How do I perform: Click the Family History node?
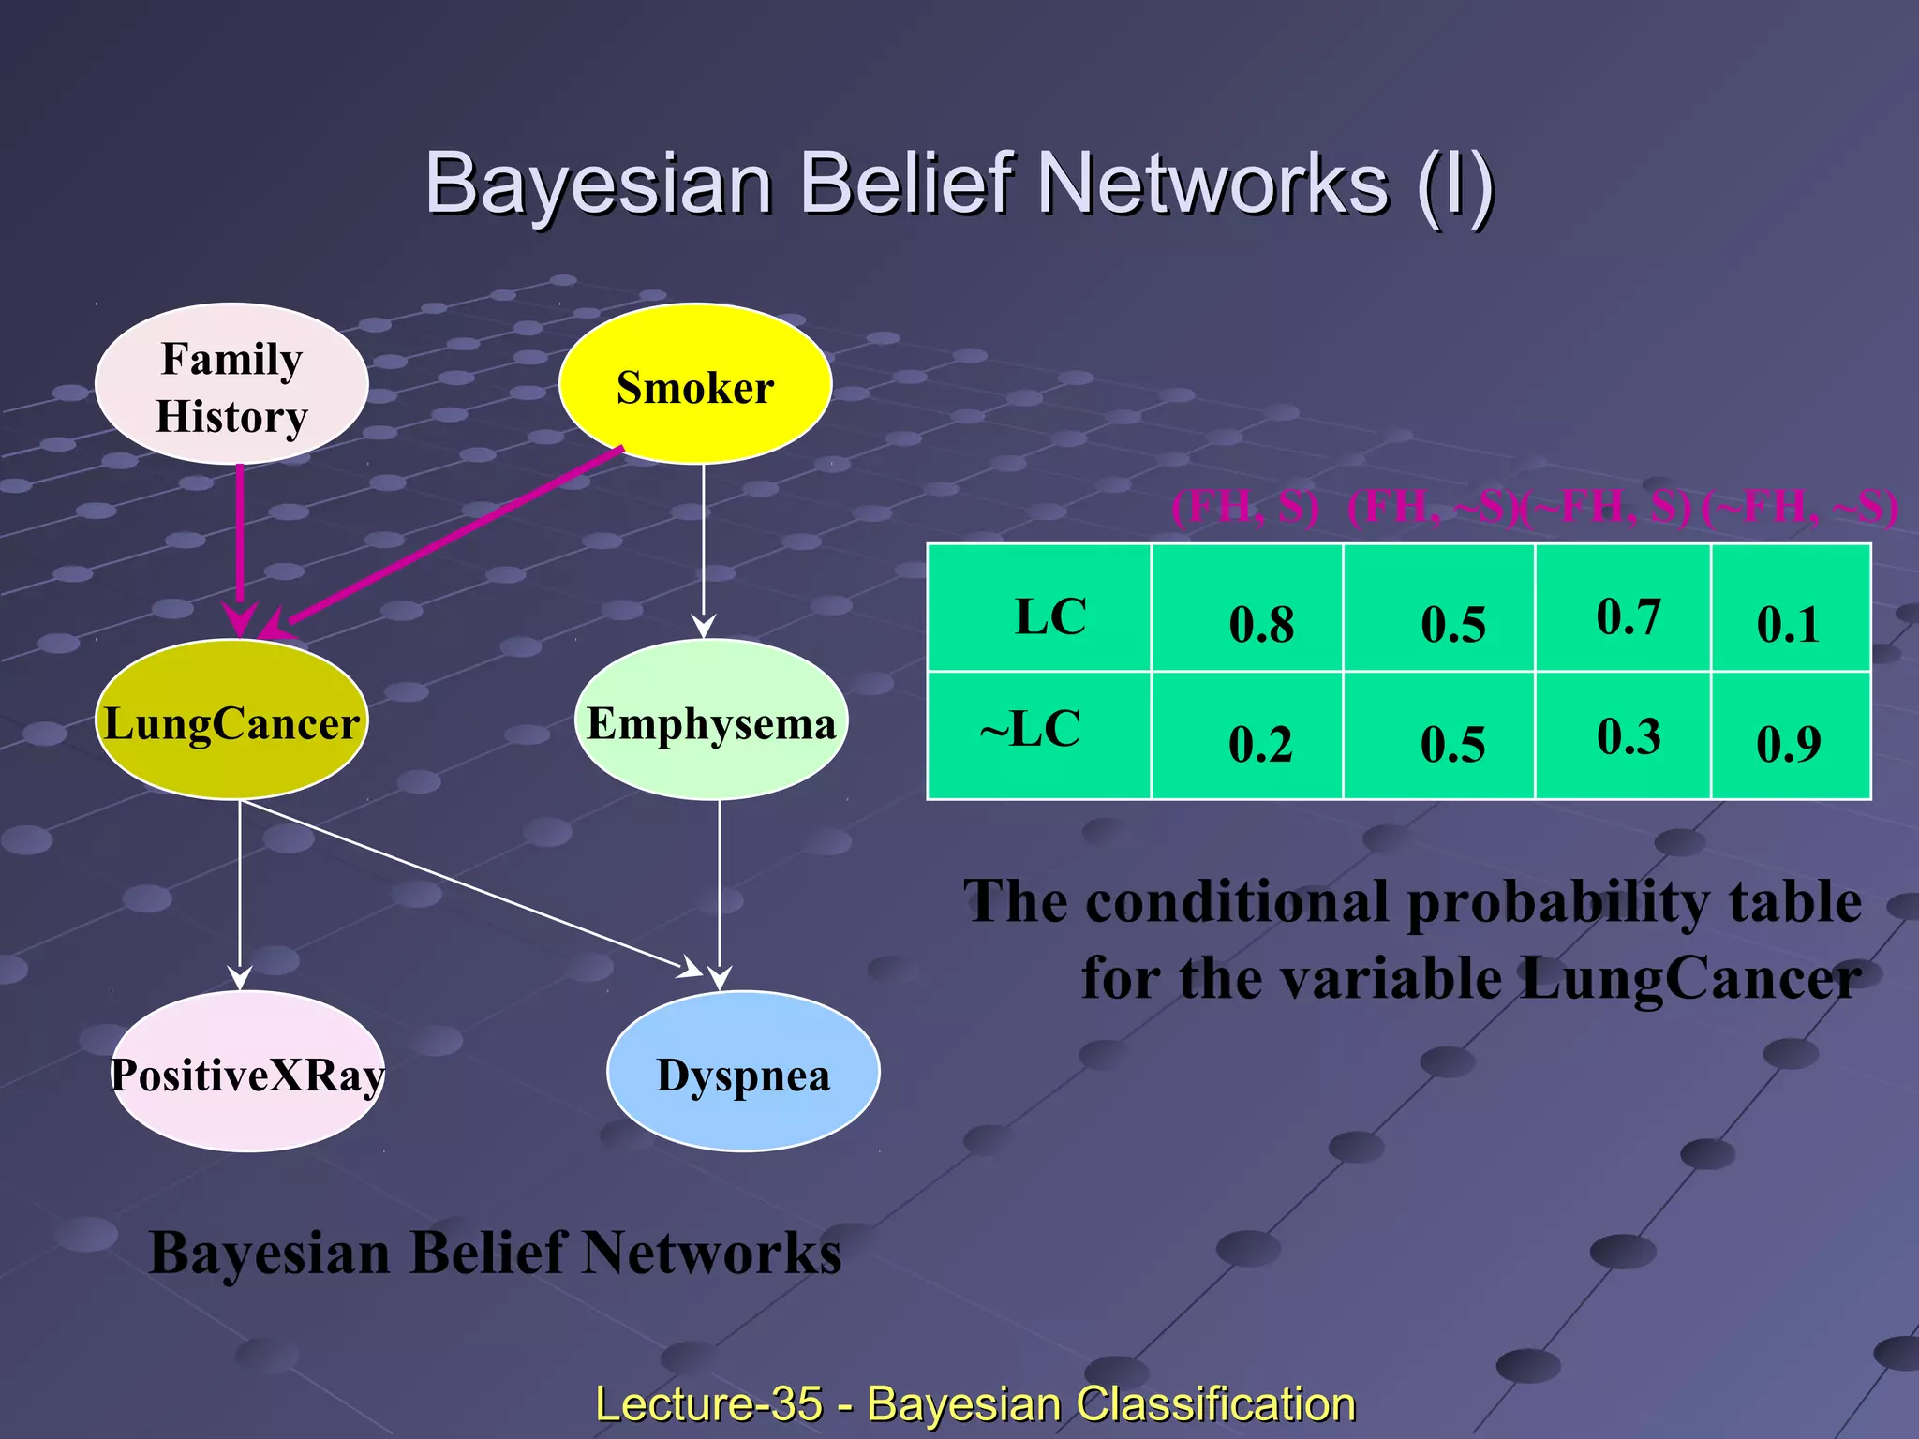click(231, 384)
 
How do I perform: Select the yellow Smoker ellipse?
click(694, 384)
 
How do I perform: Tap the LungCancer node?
click(231, 720)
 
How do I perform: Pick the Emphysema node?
click(710, 720)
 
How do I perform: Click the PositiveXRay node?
click(247, 1072)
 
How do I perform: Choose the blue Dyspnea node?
click(743, 1072)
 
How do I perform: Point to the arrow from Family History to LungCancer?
click(240, 543)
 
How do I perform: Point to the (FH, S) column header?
click(1244, 508)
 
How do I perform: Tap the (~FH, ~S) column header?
click(1799, 508)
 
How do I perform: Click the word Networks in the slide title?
click(1212, 184)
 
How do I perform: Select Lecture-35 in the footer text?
click(708, 1403)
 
